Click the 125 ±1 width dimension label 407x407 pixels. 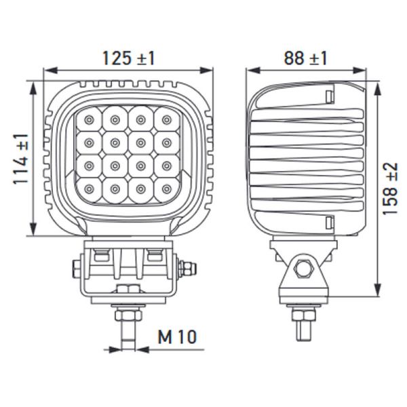(129, 58)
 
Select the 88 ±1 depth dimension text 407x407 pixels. (305, 58)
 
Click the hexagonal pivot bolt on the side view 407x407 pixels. (303, 267)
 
